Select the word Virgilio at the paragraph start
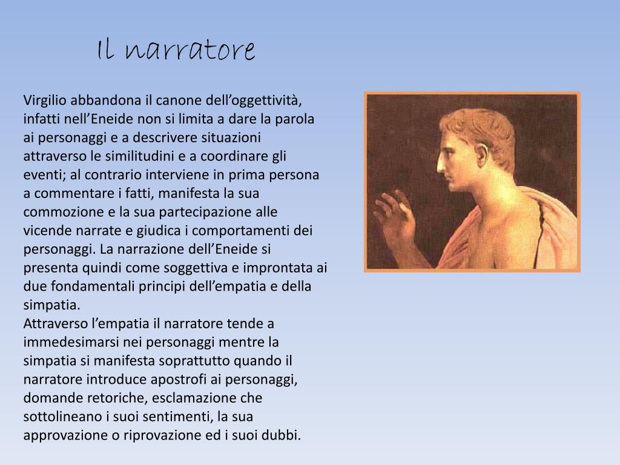44,99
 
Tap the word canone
182,99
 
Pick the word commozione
58,212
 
